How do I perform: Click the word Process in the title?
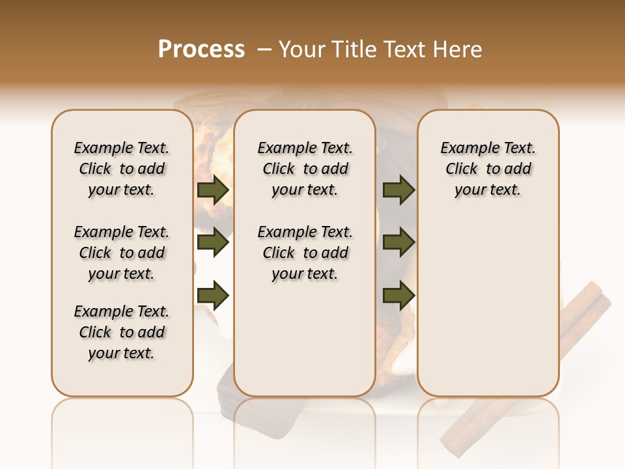coord(201,50)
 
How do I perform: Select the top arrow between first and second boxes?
coord(213,190)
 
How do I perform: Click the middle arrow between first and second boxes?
coord(213,243)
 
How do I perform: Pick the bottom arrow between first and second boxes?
coord(213,295)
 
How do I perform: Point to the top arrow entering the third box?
coord(398,190)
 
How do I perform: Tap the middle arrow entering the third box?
coord(398,243)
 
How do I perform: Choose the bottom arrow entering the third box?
coord(398,295)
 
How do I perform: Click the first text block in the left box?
coord(122,169)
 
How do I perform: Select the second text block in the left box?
coord(122,253)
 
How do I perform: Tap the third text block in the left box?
coord(122,332)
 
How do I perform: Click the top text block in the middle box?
coord(305,169)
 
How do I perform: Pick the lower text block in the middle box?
coord(305,253)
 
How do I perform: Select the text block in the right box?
coord(488,169)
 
